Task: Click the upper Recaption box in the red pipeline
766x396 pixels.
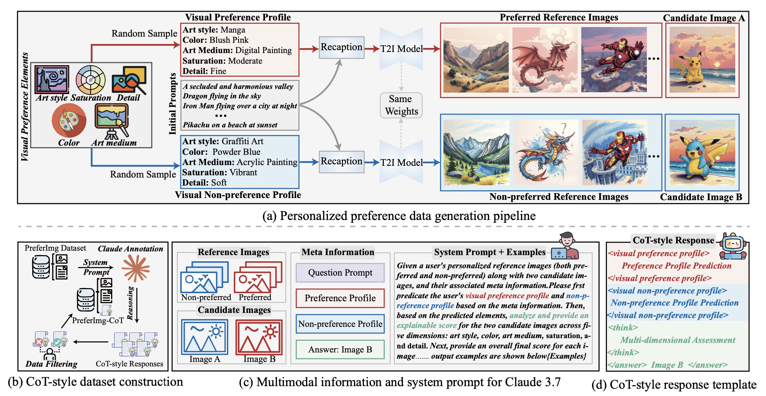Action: click(x=341, y=47)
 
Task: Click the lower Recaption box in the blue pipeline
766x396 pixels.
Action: click(x=341, y=161)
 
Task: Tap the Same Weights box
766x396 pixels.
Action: click(x=401, y=105)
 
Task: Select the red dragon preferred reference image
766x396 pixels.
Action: click(x=545, y=60)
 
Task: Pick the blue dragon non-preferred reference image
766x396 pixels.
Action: click(x=545, y=153)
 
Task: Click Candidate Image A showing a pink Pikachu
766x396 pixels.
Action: click(x=702, y=60)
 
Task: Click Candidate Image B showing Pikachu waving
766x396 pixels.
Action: click(x=702, y=153)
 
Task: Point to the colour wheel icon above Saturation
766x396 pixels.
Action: click(x=91, y=79)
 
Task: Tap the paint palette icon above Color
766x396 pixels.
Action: click(x=69, y=120)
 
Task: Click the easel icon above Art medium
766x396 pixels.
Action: click(x=112, y=120)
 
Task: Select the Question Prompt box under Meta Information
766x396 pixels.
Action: click(x=340, y=273)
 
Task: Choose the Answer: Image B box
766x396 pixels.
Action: click(x=340, y=350)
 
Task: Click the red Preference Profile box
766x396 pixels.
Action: click(x=340, y=298)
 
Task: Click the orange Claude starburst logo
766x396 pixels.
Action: click(x=136, y=268)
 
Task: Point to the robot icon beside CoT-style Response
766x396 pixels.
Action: click(x=733, y=246)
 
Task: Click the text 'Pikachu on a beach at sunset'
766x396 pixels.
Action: click(x=230, y=125)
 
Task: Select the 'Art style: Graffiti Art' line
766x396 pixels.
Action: click(x=223, y=141)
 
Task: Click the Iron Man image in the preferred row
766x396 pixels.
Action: click(x=614, y=60)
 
